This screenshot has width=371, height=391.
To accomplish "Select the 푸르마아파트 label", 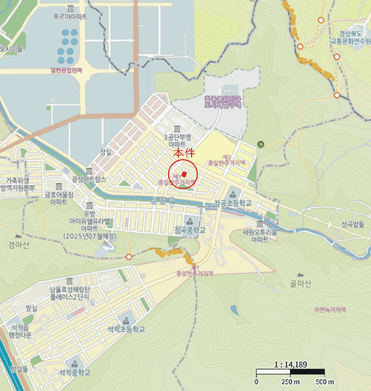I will (x=70, y=17).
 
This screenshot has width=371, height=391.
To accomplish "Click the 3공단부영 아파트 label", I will (x=177, y=140).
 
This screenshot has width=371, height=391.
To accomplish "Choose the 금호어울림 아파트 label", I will (x=59, y=198).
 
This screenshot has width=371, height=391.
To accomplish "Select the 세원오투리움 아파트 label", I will (x=259, y=235).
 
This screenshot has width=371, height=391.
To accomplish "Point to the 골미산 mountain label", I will (x=300, y=283).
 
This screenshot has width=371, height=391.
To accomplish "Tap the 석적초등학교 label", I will (x=126, y=330).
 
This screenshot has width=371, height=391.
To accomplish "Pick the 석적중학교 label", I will (x=74, y=372).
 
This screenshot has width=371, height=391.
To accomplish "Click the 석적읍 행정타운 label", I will (x=20, y=331).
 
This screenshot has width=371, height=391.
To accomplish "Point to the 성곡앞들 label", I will (x=353, y=224).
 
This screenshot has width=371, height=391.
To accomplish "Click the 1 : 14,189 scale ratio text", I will (x=291, y=365).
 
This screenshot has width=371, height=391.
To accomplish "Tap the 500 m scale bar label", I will (x=325, y=382).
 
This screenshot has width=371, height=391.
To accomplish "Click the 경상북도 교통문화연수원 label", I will (x=350, y=37).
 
